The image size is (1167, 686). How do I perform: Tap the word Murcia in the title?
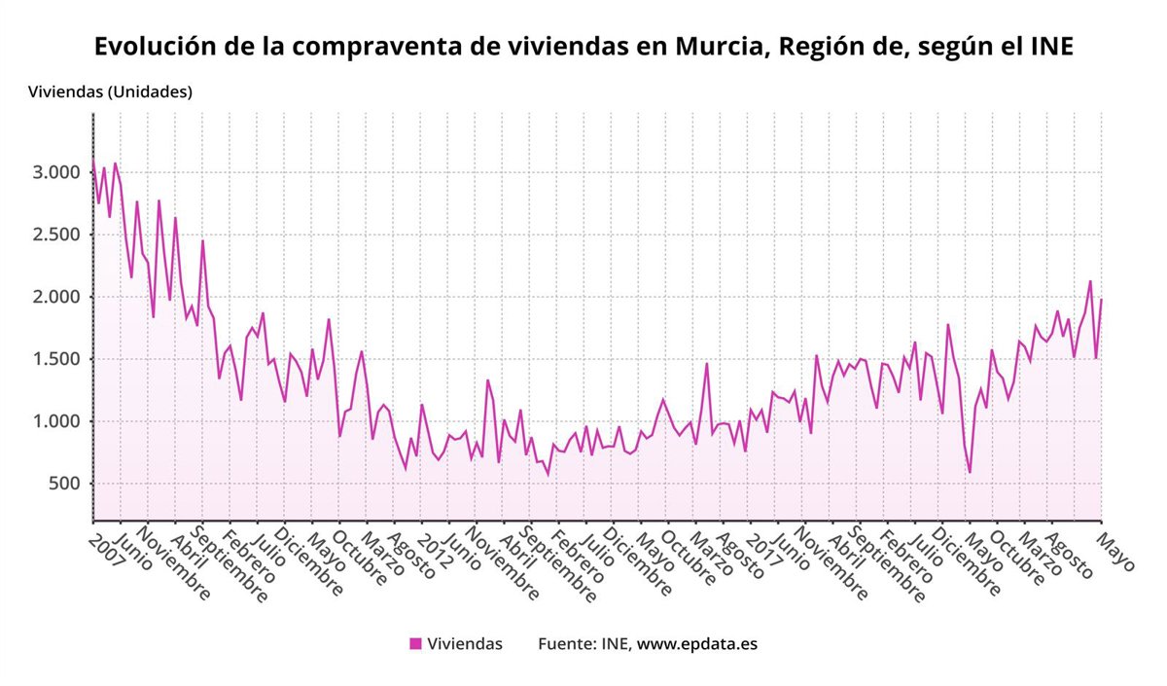tap(719, 46)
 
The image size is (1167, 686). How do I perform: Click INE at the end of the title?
tap(1051, 46)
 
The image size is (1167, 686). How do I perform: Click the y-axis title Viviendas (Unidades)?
tap(110, 92)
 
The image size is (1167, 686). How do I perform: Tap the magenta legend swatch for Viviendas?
tap(415, 643)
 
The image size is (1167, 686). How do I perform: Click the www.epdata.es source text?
tap(697, 643)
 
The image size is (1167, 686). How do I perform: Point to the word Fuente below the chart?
tap(566, 643)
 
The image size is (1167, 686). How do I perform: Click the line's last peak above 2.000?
tap(1090, 281)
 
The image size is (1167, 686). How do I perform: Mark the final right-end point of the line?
tap(1101, 300)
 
